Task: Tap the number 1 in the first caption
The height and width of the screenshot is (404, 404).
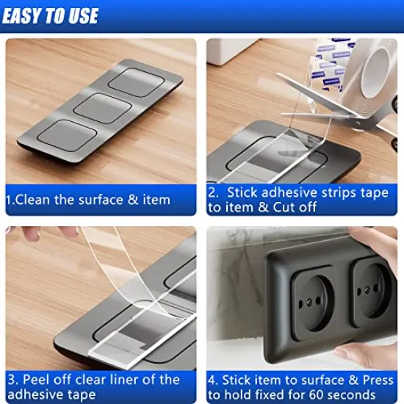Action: (10, 199)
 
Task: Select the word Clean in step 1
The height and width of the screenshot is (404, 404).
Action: (35, 199)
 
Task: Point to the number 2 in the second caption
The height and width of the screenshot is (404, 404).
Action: (212, 192)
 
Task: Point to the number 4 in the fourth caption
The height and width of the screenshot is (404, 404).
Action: (212, 380)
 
